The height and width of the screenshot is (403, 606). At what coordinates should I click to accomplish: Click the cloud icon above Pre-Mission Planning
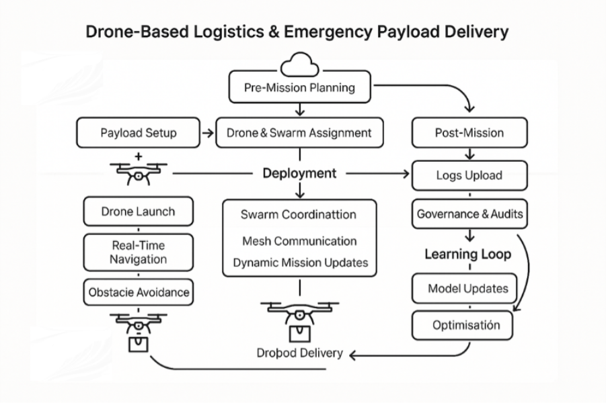(299, 66)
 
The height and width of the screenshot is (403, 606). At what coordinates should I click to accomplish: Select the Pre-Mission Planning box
(299, 88)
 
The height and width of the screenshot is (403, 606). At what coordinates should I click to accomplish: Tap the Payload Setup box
(139, 132)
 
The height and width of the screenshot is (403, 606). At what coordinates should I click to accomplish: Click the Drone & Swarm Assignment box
(299, 132)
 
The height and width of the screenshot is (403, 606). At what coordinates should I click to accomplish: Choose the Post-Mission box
(469, 132)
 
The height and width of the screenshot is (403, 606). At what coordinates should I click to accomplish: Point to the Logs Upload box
(469, 175)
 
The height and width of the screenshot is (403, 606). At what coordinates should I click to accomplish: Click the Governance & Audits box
(469, 215)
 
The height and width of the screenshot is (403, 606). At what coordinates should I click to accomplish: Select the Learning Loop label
(467, 254)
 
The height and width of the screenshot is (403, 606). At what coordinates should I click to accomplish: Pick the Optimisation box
(465, 325)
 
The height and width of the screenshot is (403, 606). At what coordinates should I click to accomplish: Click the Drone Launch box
(138, 212)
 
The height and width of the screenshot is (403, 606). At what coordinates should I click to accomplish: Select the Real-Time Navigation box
(138, 253)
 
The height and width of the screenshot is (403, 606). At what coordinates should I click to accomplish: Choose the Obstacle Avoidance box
(139, 293)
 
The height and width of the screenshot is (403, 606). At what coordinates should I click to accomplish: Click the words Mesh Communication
(299, 240)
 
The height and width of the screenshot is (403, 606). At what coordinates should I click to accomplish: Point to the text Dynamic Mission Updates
(300, 263)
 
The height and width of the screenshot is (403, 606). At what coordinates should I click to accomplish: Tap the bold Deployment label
(299, 173)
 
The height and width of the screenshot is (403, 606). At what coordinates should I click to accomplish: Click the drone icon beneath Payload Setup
(139, 174)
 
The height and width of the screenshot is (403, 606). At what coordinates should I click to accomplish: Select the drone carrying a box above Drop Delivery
(299, 320)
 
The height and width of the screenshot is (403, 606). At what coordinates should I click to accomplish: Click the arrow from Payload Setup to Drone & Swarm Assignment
(208, 133)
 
